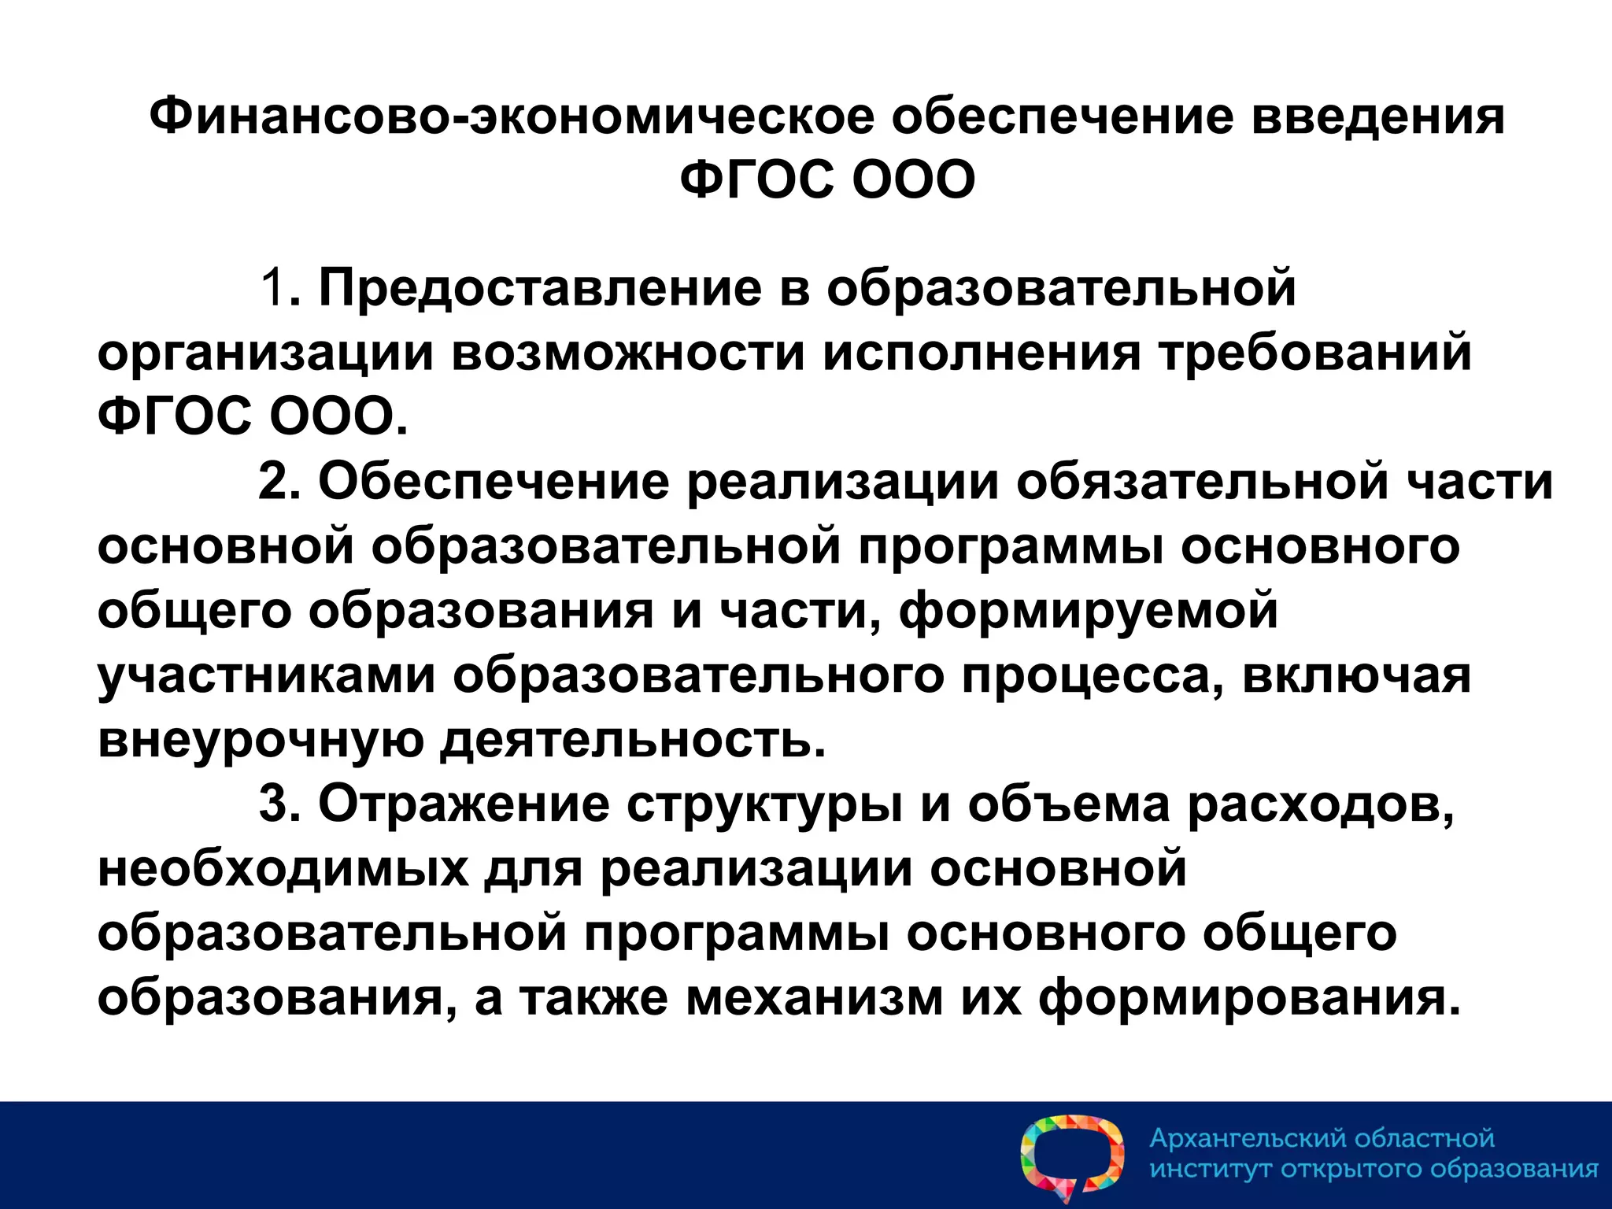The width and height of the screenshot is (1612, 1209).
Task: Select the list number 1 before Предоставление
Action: pos(273,288)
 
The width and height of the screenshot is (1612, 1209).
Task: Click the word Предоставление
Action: pos(539,288)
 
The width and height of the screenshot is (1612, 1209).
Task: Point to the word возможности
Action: pos(628,353)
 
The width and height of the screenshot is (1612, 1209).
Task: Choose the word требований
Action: pos(1314,353)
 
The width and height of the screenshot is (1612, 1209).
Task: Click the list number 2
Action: pos(272,482)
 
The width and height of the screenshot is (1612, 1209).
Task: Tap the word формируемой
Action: pos(1089,611)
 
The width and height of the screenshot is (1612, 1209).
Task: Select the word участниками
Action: pos(266,675)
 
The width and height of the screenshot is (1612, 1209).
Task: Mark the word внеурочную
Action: pos(260,740)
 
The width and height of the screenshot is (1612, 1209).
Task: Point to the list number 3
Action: pos(272,804)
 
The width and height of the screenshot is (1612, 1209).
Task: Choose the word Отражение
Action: pos(464,804)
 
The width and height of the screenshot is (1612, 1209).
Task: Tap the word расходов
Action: pos(1319,804)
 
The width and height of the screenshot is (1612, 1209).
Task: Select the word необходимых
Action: pos(283,869)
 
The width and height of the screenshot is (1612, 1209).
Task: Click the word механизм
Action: pos(814,998)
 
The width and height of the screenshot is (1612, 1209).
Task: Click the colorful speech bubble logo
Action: pos(1072,1157)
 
